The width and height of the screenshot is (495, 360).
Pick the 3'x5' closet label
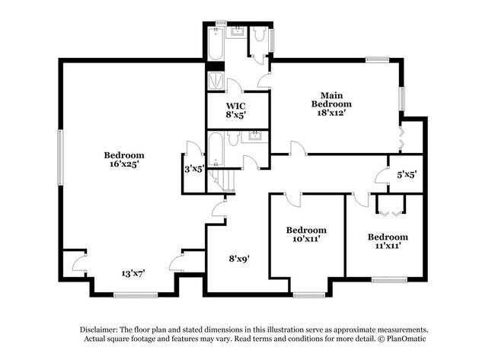[194, 169]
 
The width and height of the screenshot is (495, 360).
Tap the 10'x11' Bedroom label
[306, 234]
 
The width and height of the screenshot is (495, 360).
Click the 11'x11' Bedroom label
[388, 241]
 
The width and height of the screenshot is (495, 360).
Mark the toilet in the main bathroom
[259, 36]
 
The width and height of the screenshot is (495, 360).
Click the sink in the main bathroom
[235, 32]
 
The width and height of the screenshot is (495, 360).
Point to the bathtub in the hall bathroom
[216, 149]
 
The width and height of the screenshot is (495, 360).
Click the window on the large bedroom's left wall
[59, 155]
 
